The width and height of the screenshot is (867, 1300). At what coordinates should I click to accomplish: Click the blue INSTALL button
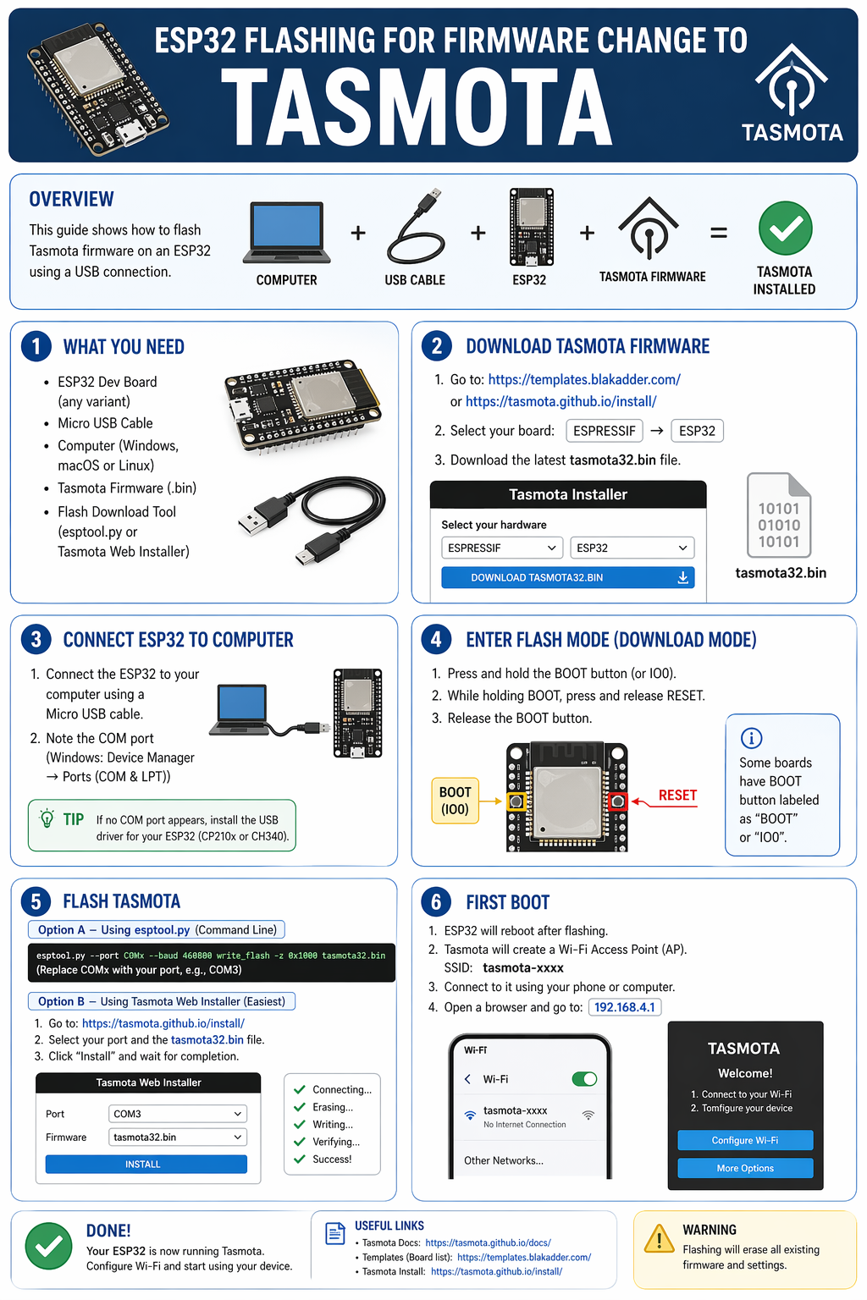click(146, 1165)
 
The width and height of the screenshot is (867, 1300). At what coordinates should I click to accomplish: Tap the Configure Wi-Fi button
click(745, 1140)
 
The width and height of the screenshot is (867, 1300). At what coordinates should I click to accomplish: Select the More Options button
click(745, 1168)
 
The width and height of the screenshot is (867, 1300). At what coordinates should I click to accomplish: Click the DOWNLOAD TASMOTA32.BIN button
click(567, 577)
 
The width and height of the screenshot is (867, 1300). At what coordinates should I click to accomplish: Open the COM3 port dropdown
click(178, 1114)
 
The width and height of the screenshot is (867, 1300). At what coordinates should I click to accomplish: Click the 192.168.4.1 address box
click(625, 1007)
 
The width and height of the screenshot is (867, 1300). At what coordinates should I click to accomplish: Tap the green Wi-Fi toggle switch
click(584, 1078)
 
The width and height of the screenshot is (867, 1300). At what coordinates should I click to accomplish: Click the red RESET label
click(677, 796)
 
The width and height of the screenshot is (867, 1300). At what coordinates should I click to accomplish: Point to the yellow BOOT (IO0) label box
click(455, 801)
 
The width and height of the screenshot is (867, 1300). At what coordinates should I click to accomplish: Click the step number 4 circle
click(436, 639)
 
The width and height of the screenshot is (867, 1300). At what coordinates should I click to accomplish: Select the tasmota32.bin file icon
click(779, 516)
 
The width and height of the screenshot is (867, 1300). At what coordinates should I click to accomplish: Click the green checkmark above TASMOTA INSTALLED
click(785, 228)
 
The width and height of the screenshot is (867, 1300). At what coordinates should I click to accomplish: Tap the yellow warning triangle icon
click(659, 1239)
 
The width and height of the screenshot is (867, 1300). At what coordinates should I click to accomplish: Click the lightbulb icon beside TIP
click(47, 818)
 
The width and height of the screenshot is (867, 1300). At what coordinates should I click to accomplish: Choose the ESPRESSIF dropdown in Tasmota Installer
click(502, 548)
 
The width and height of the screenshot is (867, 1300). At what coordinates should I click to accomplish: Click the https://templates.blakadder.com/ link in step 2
click(584, 380)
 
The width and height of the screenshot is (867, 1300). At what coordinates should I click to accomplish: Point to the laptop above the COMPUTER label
click(286, 232)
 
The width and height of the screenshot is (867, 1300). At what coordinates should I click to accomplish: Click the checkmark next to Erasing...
click(299, 1107)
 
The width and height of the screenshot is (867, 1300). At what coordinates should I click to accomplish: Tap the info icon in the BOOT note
click(751, 738)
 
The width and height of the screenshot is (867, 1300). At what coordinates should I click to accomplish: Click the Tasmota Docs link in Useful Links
click(488, 1242)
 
